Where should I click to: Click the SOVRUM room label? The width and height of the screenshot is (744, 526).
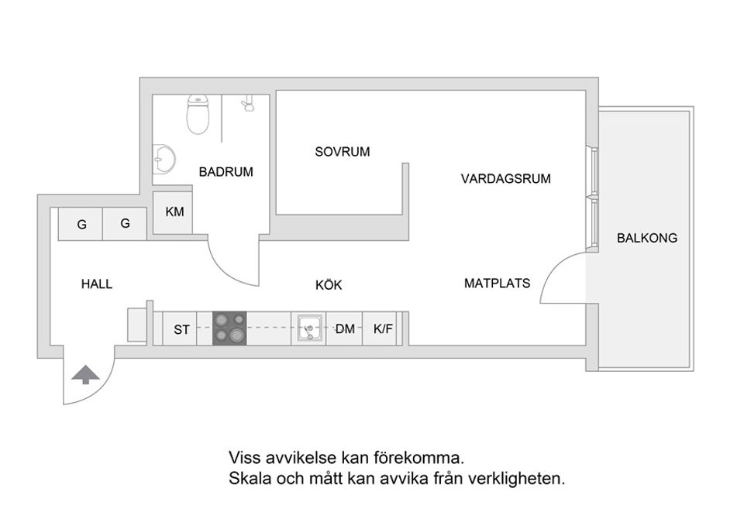342,152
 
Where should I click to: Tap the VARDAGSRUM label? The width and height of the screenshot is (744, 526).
505,179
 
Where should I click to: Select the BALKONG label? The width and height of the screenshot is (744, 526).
646,239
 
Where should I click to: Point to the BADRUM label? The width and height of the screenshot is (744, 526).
226,172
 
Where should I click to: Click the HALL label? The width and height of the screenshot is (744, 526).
97,284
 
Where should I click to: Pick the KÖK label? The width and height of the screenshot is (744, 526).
329,285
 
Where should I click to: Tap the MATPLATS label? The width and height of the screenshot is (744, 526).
497,284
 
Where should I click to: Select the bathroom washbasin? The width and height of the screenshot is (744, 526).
164,160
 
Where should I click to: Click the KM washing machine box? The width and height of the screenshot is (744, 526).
174,211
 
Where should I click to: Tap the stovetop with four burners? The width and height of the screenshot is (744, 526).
229,328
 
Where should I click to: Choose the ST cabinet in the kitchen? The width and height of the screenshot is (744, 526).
181,329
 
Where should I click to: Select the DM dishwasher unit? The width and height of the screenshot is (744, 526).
345,329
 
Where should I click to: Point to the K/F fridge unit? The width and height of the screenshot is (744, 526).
384,329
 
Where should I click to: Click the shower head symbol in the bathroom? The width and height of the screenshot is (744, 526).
247,103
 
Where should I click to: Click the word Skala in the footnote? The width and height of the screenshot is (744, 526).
246,478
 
